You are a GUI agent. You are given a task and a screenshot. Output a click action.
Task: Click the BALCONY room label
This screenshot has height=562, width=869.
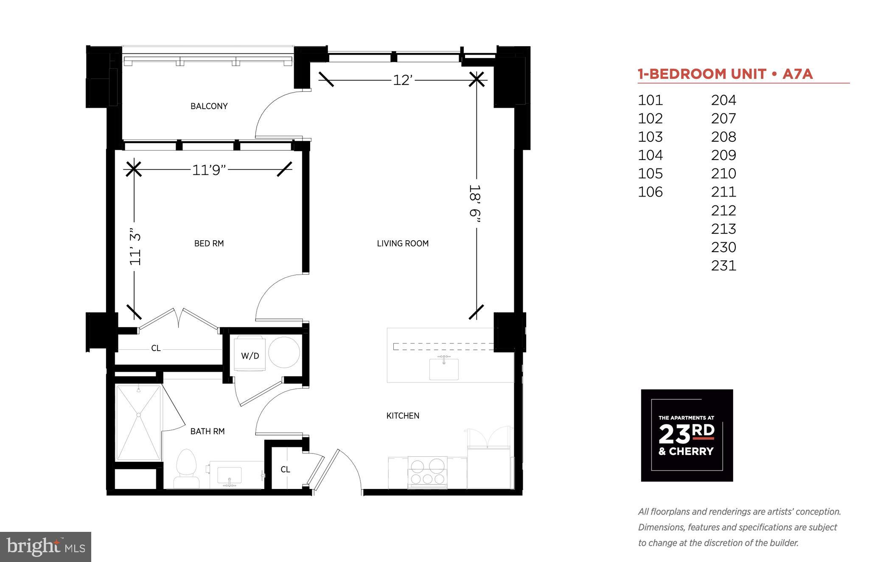point(209,106)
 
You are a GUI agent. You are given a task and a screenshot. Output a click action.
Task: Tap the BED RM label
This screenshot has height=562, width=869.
point(209,243)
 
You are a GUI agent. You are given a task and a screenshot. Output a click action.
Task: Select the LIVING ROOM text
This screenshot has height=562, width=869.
point(403,243)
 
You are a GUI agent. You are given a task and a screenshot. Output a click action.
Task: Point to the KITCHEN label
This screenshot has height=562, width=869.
point(403,416)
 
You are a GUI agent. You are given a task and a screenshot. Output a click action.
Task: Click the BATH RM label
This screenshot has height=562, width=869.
point(207,431)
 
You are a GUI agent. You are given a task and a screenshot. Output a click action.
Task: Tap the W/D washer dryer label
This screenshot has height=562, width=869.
point(250,356)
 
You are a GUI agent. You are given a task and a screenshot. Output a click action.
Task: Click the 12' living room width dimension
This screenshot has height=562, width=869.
point(402,80)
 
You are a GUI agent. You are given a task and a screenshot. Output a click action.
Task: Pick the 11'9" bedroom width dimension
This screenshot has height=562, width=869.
point(208,170)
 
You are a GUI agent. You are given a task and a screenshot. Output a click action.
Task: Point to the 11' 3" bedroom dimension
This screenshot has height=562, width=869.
point(135,249)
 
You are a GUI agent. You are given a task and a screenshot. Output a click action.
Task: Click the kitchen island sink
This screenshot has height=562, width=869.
point(444,368)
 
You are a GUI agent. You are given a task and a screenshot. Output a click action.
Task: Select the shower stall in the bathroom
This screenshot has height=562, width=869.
point(138,422)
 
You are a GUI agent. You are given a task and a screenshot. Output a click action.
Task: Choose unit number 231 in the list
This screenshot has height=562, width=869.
point(723,266)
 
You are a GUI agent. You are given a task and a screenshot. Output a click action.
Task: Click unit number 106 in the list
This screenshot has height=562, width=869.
point(650,192)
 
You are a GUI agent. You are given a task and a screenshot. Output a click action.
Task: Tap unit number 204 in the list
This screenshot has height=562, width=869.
point(723,100)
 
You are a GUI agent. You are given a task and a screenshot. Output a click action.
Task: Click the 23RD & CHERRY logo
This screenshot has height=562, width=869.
point(687,435)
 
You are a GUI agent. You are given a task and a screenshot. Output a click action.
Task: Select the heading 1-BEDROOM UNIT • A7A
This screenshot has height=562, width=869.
point(725,74)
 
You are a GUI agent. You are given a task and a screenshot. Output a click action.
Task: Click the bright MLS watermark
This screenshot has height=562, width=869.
point(45,547)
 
